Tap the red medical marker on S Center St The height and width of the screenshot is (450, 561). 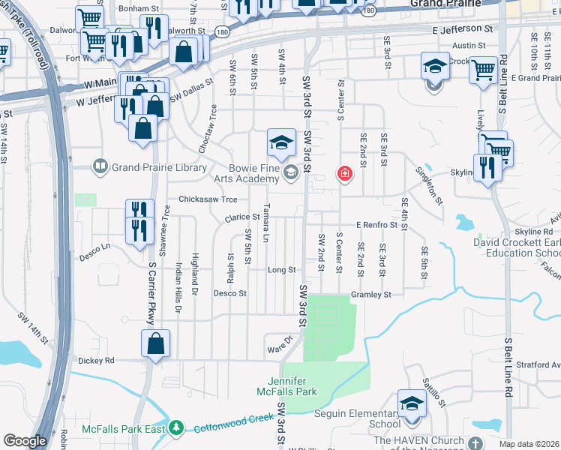344,174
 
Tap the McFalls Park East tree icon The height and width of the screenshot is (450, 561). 176,428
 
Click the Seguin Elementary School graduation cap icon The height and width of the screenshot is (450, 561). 412,402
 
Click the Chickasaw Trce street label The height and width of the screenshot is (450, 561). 208,199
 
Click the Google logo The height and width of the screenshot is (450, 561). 25,440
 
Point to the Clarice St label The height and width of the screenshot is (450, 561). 242,217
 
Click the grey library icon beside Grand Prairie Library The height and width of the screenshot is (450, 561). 100,166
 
